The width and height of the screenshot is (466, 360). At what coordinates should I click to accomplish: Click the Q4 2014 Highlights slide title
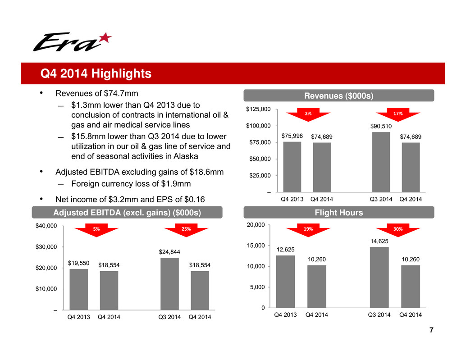click(96, 73)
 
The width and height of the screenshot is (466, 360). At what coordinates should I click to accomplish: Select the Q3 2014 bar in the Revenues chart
click(381, 162)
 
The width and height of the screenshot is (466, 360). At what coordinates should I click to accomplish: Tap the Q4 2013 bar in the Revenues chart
click(292, 167)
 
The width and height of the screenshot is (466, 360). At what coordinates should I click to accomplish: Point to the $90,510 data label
click(381, 127)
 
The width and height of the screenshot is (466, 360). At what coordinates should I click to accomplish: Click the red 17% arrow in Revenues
click(397, 114)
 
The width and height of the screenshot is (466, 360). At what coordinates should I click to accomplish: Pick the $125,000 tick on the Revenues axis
click(259, 109)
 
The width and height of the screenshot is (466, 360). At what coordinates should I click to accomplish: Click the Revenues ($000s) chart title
click(338, 95)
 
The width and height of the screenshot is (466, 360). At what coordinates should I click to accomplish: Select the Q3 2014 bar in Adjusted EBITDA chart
click(169, 283)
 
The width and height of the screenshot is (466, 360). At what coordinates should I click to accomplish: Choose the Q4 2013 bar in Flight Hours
click(285, 282)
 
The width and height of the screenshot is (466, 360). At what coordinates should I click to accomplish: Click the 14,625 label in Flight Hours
click(379, 242)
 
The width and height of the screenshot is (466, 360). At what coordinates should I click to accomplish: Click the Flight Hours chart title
click(338, 213)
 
